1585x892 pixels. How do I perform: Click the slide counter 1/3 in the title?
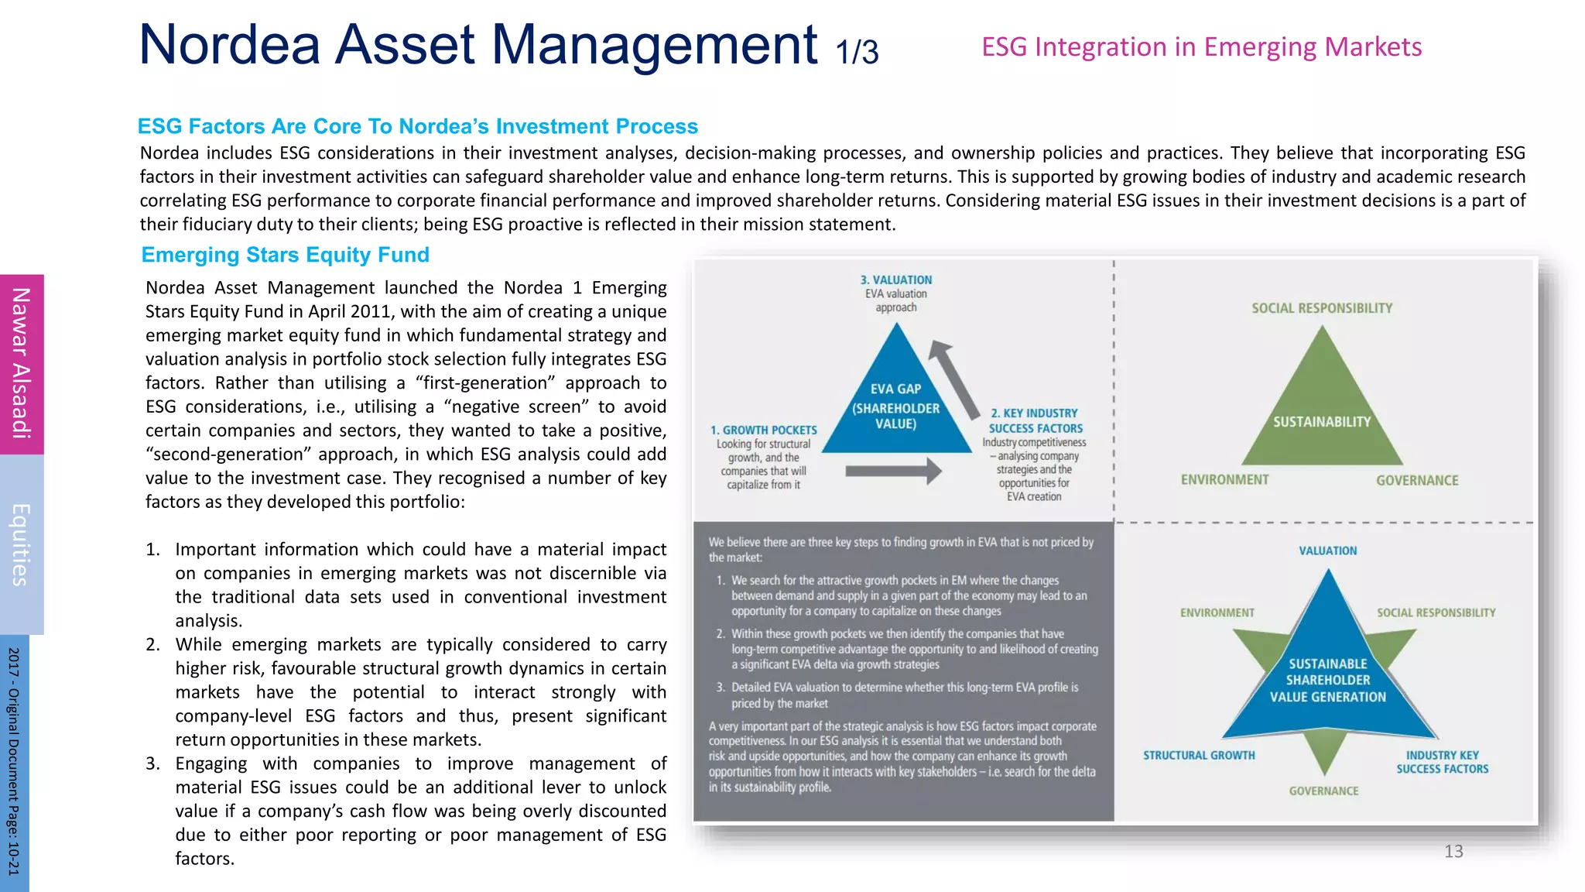[857, 51]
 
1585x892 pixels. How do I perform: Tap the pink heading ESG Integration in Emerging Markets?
[1201, 47]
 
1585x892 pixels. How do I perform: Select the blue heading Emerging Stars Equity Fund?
[285, 255]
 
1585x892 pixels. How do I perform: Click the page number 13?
[1453, 852]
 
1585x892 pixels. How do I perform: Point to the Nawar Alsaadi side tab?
[22, 363]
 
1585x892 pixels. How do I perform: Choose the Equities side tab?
[22, 544]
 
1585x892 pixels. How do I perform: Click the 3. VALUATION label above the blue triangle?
[896, 280]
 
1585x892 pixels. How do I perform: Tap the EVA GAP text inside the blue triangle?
[895, 389]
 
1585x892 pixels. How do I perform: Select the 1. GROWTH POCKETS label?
[763, 430]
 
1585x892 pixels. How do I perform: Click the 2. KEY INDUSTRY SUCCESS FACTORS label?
[1035, 420]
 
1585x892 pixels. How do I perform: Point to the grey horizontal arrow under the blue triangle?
[893, 470]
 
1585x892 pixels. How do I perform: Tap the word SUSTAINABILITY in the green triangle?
[1321, 422]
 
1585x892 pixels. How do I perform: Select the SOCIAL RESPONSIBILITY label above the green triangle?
[1322, 308]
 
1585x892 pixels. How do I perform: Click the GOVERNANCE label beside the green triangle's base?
[1417, 481]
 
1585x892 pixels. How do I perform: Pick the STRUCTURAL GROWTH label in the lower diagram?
[1199, 755]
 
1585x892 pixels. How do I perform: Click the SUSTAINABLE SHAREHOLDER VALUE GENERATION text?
[1327, 681]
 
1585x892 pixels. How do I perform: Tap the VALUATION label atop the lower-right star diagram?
[1327, 551]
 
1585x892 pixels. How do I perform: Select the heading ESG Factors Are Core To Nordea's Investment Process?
[417, 126]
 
